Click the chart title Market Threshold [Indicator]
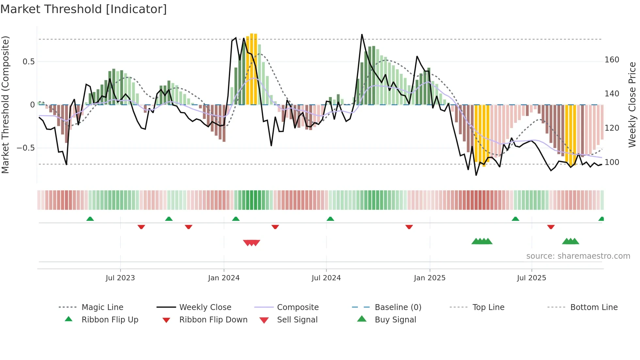point(84,9)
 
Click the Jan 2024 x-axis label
point(224,278)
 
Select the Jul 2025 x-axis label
point(531,278)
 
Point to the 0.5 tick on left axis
point(28,62)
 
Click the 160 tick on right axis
point(612,60)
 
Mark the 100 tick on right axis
point(612,162)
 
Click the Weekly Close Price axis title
point(632,105)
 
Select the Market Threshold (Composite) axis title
point(5,105)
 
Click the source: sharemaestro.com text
point(578,256)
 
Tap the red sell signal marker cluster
point(251,243)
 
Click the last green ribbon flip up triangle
point(601,219)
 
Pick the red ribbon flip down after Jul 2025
point(551,227)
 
